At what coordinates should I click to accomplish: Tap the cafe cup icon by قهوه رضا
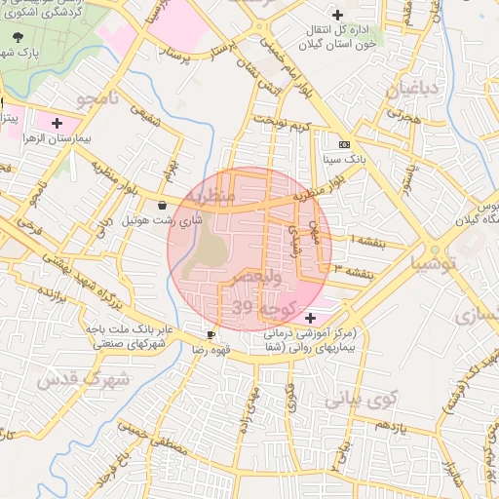[x=211, y=334]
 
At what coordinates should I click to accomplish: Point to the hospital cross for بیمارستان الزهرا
[x=57, y=124]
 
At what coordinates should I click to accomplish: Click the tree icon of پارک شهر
[x=19, y=36]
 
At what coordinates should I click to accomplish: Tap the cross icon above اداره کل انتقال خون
[x=337, y=15]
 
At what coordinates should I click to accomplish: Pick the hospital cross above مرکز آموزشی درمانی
[x=310, y=318]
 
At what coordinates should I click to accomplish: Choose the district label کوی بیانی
[x=361, y=398]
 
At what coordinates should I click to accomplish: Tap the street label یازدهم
[x=390, y=426]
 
